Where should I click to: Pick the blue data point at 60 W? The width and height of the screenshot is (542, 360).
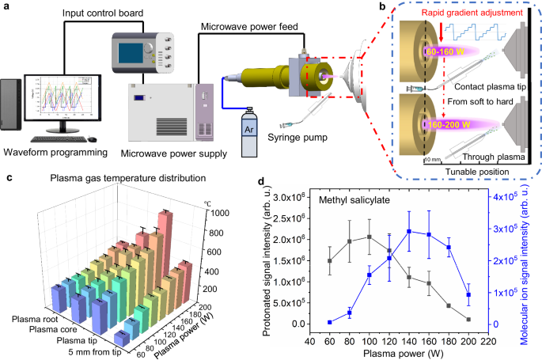click(329, 322)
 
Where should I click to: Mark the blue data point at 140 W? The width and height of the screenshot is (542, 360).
click(408, 232)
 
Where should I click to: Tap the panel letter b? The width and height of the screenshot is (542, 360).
click(382, 6)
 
